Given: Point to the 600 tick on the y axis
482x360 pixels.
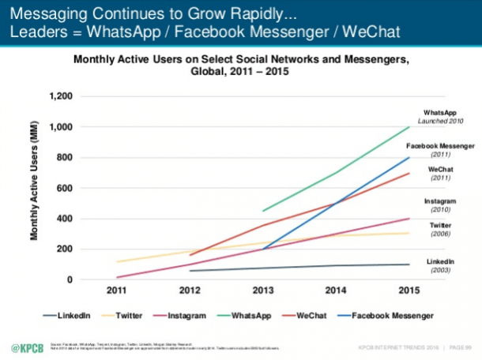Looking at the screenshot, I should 64,188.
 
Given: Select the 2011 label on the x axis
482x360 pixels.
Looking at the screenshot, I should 117,291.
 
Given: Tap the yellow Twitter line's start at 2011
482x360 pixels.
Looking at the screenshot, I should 117,261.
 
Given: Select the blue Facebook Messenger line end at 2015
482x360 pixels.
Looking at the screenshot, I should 409,157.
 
